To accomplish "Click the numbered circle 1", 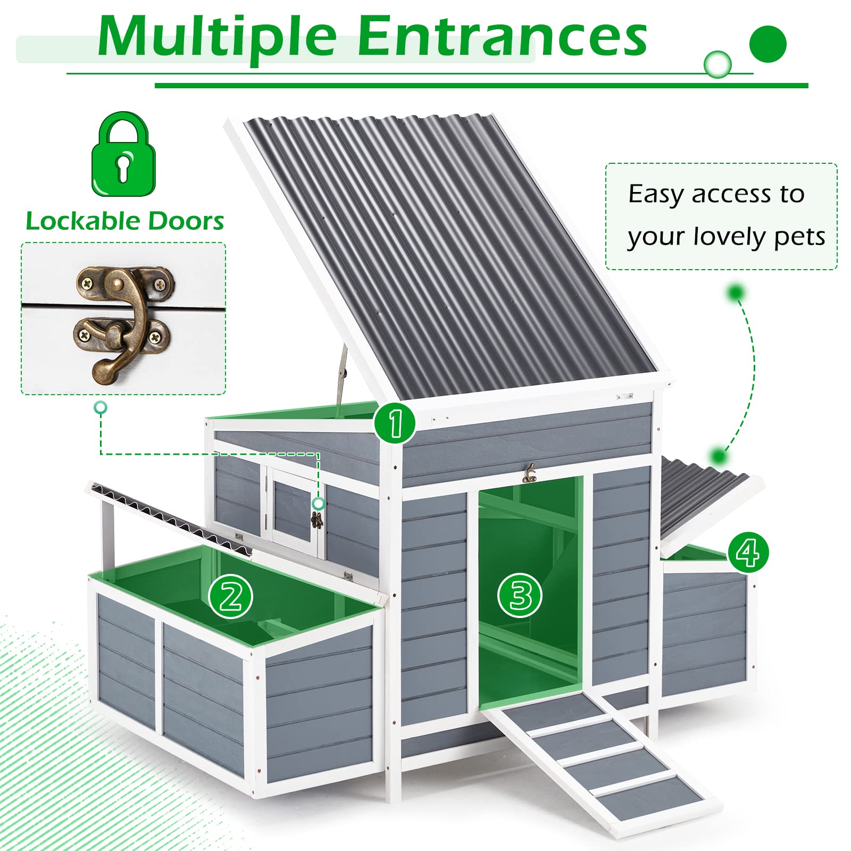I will click(x=395, y=423).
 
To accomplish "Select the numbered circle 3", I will click(x=520, y=595).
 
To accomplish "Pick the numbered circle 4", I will click(x=748, y=553).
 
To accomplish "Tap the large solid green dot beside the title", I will click(x=767, y=44).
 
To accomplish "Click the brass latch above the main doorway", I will click(x=529, y=473).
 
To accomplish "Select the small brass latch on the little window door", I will click(x=317, y=520).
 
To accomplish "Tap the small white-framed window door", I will click(x=294, y=511).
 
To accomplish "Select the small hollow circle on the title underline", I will click(x=717, y=65).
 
